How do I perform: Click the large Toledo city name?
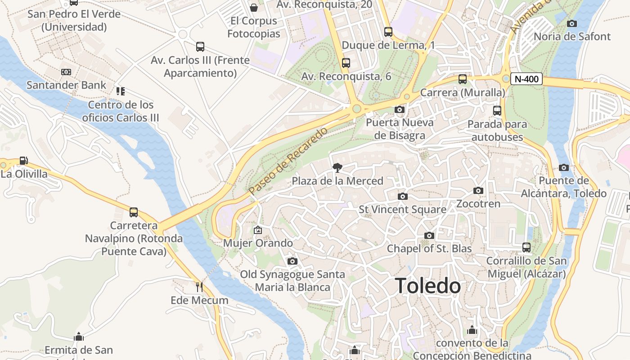[427, 286]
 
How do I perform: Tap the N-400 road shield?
[526, 79]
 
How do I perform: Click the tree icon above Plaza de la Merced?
[337, 168]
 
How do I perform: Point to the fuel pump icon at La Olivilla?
[23, 161]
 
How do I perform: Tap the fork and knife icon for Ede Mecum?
[199, 287]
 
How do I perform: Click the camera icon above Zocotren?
[478, 191]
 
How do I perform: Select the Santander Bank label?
[67, 85]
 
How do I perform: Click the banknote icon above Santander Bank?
[66, 72]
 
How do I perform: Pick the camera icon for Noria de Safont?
[572, 23]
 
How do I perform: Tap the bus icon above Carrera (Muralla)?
[463, 79]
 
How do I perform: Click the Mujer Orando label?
[258, 243]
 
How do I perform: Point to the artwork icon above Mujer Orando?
[258, 230]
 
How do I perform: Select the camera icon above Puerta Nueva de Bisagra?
[399, 109]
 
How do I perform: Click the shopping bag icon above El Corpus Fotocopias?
[254, 8]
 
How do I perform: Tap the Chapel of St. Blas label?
[429, 248]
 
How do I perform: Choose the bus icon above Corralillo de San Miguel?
[526, 247]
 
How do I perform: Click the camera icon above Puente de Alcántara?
[564, 168]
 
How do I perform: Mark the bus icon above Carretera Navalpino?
[134, 212]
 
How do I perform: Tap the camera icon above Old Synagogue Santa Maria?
[292, 261]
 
